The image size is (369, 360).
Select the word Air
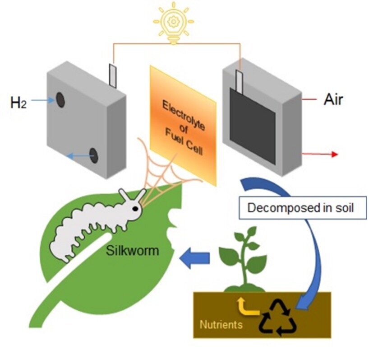(x=333, y=99)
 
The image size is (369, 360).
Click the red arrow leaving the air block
(x=320, y=154)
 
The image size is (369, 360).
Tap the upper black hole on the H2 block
(x=60, y=100)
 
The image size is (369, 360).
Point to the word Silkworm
(x=133, y=250)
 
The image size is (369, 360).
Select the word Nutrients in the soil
(x=221, y=324)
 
